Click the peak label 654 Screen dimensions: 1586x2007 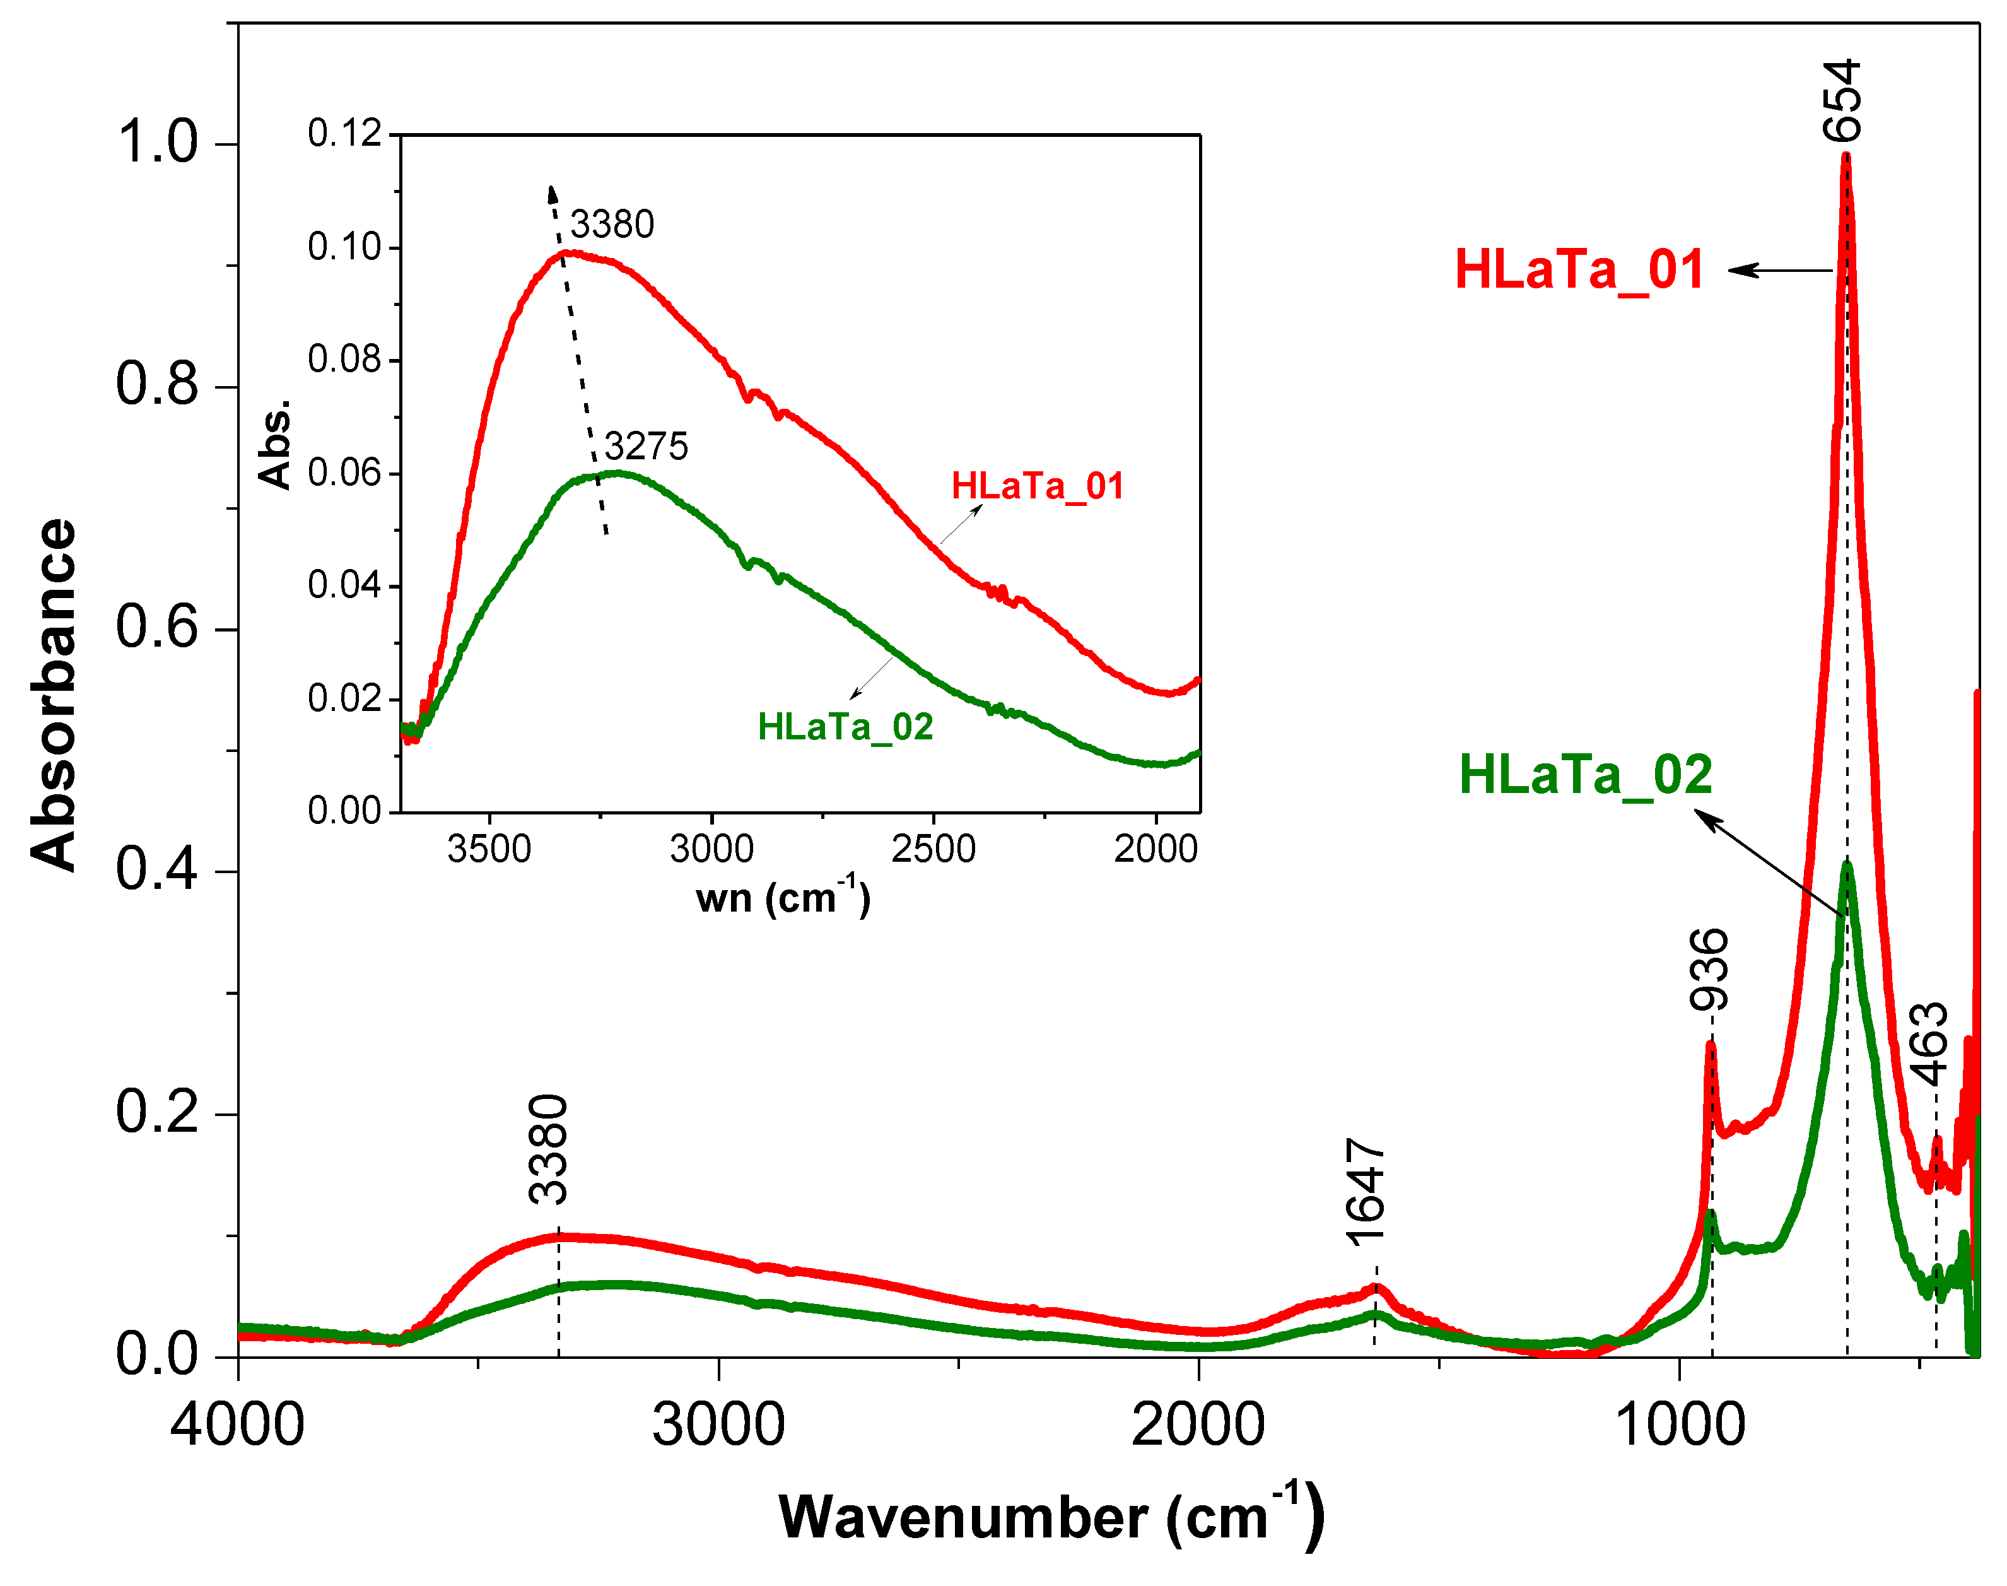coord(1842,100)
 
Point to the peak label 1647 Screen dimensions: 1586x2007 coord(1365,1192)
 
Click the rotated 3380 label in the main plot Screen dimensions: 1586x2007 coord(547,1149)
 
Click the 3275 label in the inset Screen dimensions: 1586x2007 coord(646,447)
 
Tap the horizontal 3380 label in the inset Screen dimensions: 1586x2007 coord(612,225)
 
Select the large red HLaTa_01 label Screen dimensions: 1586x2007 coord(1579,269)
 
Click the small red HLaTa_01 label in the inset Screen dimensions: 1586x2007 coord(1037,486)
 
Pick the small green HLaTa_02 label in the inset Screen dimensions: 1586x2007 coord(845,726)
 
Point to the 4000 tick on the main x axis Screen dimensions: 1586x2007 coord(238,1424)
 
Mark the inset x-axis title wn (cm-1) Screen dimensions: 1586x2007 coord(783,897)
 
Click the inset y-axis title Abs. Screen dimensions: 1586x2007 coord(275,445)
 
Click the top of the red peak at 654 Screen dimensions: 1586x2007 coord(1846,156)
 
